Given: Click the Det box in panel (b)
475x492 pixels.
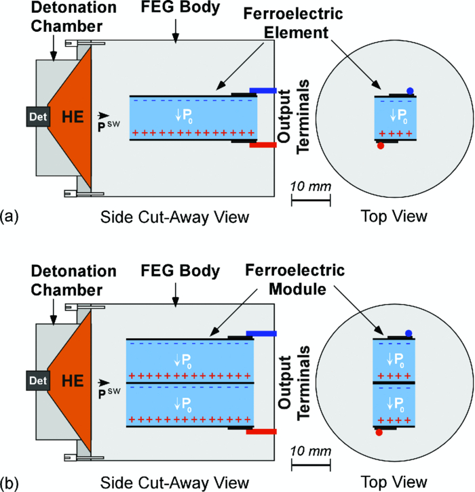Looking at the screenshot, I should pyautogui.click(x=36, y=381).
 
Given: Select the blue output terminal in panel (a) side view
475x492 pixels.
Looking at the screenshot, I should pyautogui.click(x=263, y=89).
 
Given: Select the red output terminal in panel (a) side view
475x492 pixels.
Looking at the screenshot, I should pyautogui.click(x=263, y=144).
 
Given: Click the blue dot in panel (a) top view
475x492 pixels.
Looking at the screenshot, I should pyautogui.click(x=410, y=91).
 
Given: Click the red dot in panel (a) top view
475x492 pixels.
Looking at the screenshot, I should pyautogui.click(x=381, y=145).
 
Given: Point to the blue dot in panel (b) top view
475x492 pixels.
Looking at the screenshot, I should pyautogui.click(x=408, y=333).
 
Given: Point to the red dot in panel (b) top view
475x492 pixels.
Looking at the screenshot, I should pyautogui.click(x=379, y=432).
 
